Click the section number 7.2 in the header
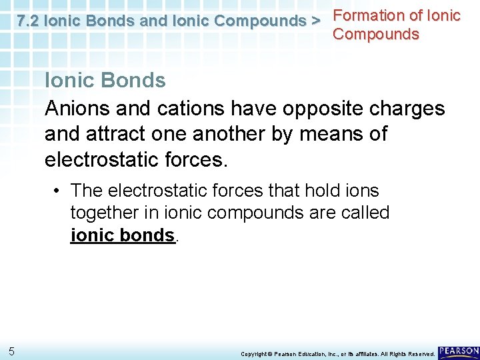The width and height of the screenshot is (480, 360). (x=28, y=21)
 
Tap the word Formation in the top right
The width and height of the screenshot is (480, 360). (x=369, y=15)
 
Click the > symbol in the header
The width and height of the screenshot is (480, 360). (x=315, y=21)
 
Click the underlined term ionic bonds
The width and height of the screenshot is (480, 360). (x=123, y=235)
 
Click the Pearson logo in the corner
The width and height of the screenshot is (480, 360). (x=458, y=351)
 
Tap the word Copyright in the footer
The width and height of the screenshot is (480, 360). (x=255, y=353)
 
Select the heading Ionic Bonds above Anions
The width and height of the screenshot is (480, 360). (x=105, y=81)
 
